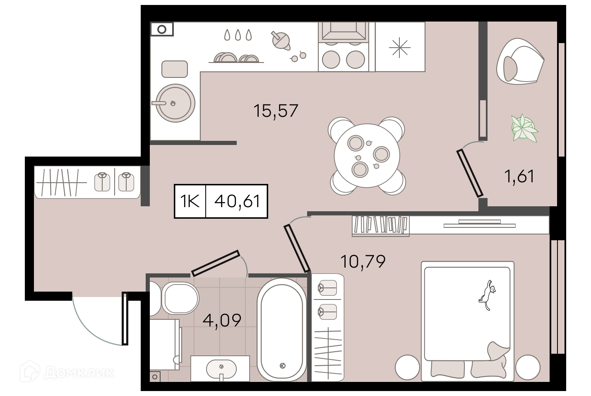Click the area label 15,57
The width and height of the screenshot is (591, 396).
(x=276, y=111)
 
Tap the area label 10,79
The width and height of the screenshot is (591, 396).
(x=363, y=262)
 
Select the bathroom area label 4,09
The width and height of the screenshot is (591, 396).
(x=222, y=321)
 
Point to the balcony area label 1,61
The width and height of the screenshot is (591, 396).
(x=519, y=176)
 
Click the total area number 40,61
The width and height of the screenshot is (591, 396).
(x=237, y=201)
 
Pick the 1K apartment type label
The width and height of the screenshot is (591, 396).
(x=190, y=201)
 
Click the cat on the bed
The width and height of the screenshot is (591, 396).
(x=487, y=295)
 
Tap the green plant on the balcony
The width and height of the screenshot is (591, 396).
(x=524, y=128)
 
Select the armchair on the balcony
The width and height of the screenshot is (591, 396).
(x=520, y=61)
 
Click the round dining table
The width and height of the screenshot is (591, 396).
(x=367, y=156)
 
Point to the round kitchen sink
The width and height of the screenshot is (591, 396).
(x=175, y=103)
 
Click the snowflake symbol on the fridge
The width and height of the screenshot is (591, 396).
(x=400, y=48)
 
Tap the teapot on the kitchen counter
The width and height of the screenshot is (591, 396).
(x=281, y=41)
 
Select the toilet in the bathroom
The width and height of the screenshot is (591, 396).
(x=177, y=299)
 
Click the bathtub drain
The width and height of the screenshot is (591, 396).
(x=283, y=366)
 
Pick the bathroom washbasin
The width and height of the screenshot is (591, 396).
(x=221, y=369)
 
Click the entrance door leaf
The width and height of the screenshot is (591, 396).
(x=125, y=319)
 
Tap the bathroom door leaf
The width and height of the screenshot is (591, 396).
(x=216, y=263)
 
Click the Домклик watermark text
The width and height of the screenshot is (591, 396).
(x=79, y=373)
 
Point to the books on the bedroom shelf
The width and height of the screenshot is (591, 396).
(x=380, y=225)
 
